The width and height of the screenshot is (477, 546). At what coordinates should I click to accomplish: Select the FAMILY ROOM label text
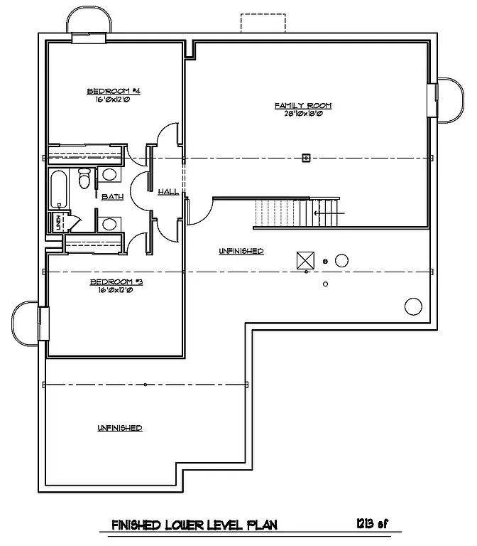pos(303,106)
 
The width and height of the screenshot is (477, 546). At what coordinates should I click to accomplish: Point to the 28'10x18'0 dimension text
pos(303,114)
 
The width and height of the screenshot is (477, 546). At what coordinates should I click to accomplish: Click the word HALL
pos(168,191)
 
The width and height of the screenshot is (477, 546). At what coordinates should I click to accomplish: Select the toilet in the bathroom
pos(84,178)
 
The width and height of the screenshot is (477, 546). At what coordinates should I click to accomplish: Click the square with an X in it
pos(305,260)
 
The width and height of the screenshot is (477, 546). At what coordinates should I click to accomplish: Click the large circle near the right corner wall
pos(413,306)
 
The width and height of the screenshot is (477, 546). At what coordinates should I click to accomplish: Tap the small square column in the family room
pos(307,158)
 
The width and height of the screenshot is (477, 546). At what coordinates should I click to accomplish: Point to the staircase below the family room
pos(298,213)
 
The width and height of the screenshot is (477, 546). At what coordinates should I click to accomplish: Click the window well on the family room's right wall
pos(446,100)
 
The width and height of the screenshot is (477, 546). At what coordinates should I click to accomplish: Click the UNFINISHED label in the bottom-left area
pos(120,428)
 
